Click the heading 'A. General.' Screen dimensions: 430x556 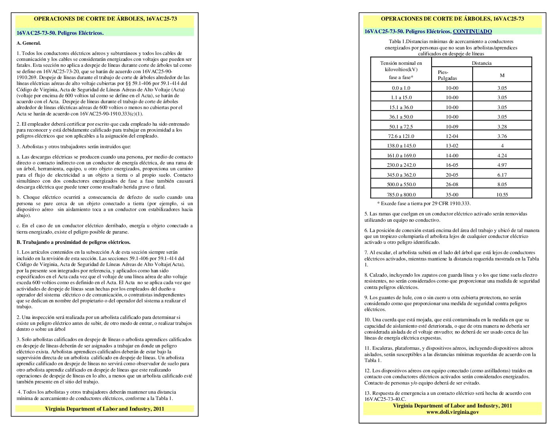click(29, 43)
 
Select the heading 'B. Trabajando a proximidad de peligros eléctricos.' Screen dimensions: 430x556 click(73, 242)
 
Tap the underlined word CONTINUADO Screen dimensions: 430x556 click(472, 32)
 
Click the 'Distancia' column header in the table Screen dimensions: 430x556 click(481, 63)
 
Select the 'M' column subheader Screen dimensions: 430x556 click(502, 75)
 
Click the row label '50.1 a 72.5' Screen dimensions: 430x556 click(401, 127)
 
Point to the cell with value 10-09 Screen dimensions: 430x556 click(452, 127)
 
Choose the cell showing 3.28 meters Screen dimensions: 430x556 click(502, 127)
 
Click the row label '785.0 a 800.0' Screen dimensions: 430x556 click(401, 194)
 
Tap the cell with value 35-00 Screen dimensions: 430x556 click(452, 194)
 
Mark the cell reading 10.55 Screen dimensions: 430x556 click(502, 194)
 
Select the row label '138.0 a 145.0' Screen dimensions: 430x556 click(401, 146)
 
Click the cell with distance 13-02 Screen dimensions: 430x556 click(452, 146)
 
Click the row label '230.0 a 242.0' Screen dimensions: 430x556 click(401, 165)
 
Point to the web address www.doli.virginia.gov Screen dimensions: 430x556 click(452, 412)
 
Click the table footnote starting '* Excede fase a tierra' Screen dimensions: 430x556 click(424, 204)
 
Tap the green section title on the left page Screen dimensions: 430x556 click(60, 33)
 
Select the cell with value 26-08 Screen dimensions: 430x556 click(452, 185)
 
